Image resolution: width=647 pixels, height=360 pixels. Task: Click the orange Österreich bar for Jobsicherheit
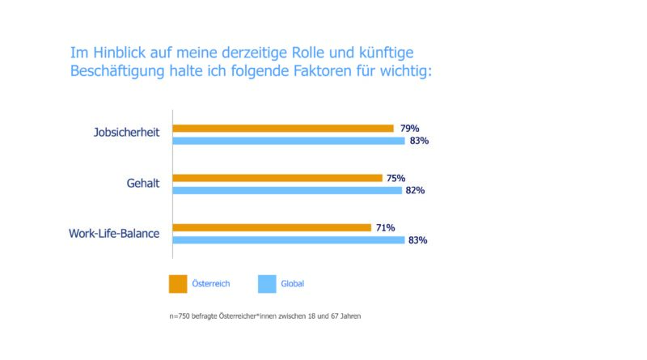(283, 128)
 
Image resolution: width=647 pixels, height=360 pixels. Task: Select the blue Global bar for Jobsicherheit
(289, 141)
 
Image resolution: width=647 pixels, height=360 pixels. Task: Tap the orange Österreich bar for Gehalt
(277, 178)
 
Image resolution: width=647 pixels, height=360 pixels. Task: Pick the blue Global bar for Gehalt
(287, 191)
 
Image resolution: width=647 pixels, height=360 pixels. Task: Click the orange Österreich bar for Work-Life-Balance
(272, 228)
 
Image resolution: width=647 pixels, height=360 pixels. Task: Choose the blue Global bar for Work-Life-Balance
(289, 240)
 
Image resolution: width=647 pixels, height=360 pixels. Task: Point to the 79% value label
(409, 128)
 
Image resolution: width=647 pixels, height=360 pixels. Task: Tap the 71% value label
(386, 228)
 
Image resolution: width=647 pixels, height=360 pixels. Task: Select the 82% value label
(415, 191)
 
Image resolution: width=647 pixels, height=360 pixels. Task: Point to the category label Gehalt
(143, 184)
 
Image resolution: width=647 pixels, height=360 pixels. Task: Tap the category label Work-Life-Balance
(114, 234)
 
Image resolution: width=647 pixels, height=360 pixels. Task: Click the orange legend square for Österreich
(178, 284)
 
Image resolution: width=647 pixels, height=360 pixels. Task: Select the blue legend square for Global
(267, 284)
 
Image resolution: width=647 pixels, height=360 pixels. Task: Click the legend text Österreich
(213, 284)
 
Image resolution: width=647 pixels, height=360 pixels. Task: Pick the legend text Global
(293, 284)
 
